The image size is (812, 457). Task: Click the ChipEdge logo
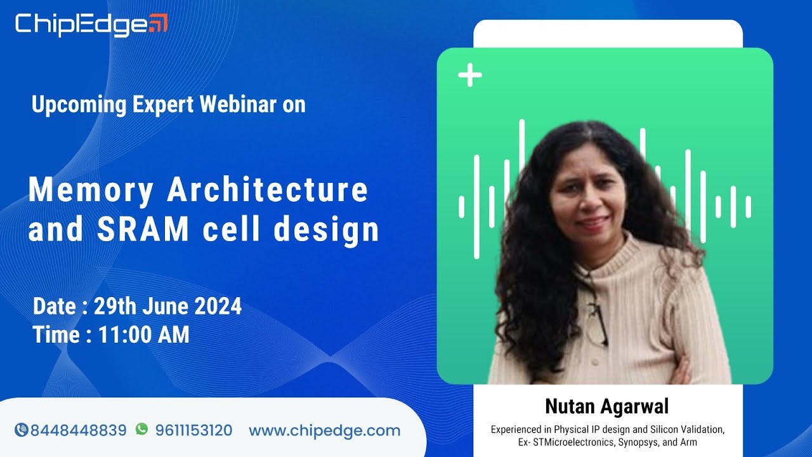pyautogui.click(x=91, y=24)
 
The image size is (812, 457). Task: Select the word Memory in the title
pyautogui.click(x=91, y=190)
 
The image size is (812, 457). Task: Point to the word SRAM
pyautogui.click(x=143, y=229)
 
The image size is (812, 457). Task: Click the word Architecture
pyautogui.click(x=268, y=190)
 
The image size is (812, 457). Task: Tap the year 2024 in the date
pyautogui.click(x=218, y=307)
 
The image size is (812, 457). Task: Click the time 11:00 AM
pyautogui.click(x=143, y=334)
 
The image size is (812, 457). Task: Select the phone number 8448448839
pyautogui.click(x=78, y=430)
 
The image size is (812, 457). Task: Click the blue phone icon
pyautogui.click(x=21, y=430)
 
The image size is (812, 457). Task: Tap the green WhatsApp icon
pyautogui.click(x=141, y=430)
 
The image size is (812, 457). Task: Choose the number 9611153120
pyautogui.click(x=193, y=430)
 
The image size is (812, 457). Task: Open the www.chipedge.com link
pyautogui.click(x=324, y=430)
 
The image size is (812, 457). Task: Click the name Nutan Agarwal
pyautogui.click(x=606, y=406)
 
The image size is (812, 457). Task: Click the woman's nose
pyautogui.click(x=589, y=203)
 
